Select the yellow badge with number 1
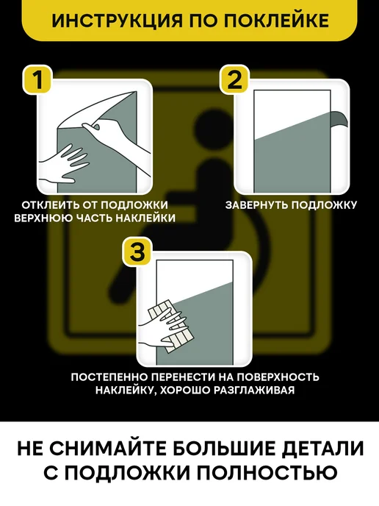37,79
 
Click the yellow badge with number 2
234,79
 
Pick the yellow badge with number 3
137,252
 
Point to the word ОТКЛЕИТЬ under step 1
51,205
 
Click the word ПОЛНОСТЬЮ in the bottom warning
267,473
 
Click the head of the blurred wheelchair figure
209,125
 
